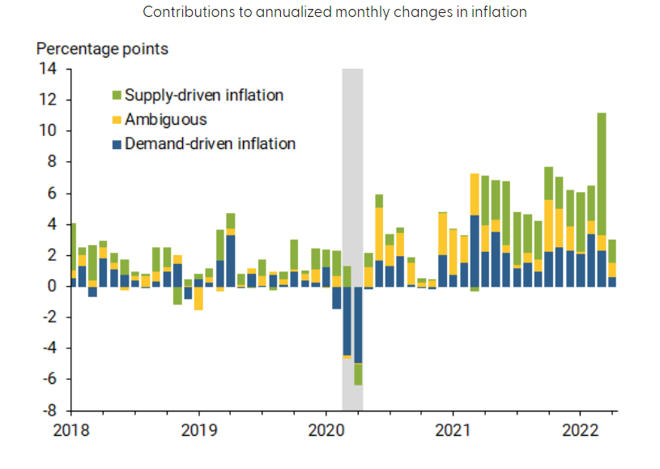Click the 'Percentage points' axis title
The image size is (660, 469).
(102, 49)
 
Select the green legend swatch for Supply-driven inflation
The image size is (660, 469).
(117, 96)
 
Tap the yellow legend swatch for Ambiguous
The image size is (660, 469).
(117, 120)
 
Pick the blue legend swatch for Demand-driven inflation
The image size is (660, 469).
(117, 144)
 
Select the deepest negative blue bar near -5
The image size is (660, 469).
(358, 324)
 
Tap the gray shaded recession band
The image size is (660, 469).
(352, 162)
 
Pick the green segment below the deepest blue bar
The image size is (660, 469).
(358, 374)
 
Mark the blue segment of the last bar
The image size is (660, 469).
(612, 282)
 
